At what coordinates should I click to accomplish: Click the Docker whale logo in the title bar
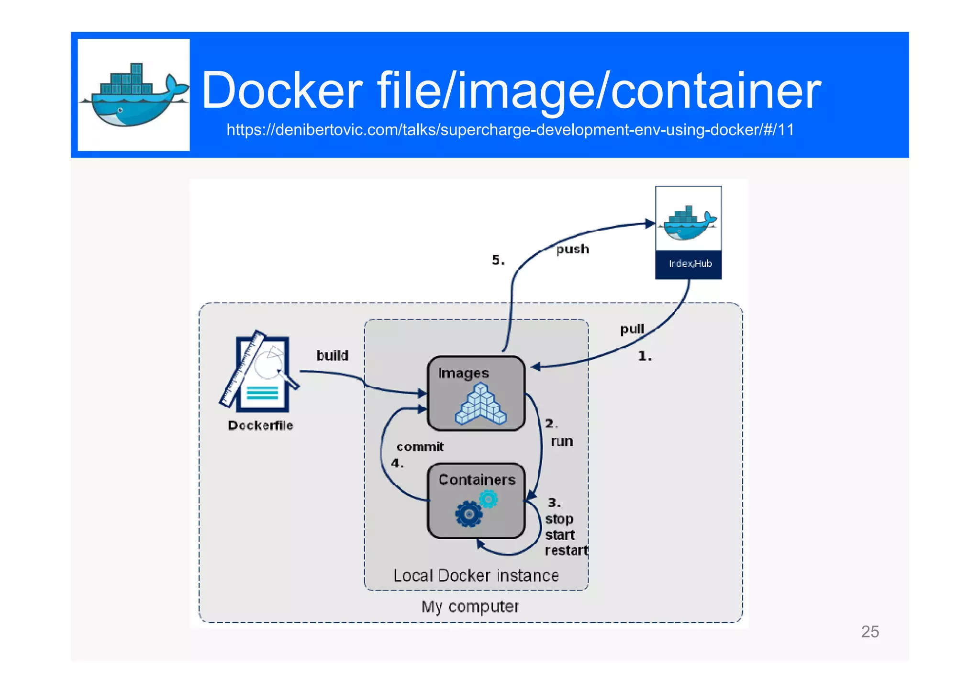point(134,95)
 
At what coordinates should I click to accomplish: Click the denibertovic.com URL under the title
point(510,130)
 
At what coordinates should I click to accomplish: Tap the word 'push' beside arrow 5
point(572,249)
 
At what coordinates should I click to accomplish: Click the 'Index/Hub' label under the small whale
point(690,264)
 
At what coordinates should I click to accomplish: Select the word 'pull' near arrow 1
point(632,329)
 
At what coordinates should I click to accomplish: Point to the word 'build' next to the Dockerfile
point(332,355)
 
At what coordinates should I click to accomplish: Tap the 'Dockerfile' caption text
point(260,425)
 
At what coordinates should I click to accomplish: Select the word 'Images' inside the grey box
point(463,373)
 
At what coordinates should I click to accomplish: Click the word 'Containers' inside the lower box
point(477,480)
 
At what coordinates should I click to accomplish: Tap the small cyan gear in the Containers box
point(489,500)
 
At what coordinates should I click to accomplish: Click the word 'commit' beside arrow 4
point(420,447)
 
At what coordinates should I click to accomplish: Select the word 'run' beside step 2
point(562,441)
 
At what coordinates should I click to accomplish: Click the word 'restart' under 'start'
point(566,550)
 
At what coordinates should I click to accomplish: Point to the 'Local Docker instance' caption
point(476,575)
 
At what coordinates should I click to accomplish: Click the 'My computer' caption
point(470,606)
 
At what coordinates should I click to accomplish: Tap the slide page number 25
point(869,632)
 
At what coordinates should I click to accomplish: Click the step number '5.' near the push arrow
point(498,260)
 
